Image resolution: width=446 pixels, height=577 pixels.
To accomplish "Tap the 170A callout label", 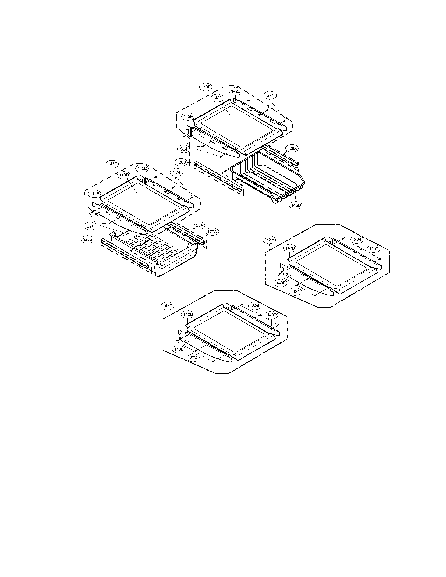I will [x=212, y=232].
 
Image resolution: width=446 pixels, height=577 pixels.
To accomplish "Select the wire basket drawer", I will [x=267, y=180].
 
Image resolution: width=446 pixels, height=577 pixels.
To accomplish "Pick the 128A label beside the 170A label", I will [x=199, y=225].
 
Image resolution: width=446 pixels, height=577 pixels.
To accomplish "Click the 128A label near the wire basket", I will [x=292, y=148].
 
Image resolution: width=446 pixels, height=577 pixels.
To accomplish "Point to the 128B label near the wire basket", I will [x=181, y=162].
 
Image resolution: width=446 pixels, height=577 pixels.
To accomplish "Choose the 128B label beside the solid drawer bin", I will [x=87, y=239].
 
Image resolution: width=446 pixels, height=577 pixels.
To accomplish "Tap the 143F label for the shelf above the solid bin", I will [x=112, y=164].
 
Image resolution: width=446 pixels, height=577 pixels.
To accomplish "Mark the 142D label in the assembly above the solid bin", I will [x=142, y=168].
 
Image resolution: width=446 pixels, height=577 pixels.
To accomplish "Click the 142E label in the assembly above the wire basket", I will [x=188, y=116].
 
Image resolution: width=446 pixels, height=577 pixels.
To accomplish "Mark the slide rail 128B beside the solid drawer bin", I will [x=124, y=252].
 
